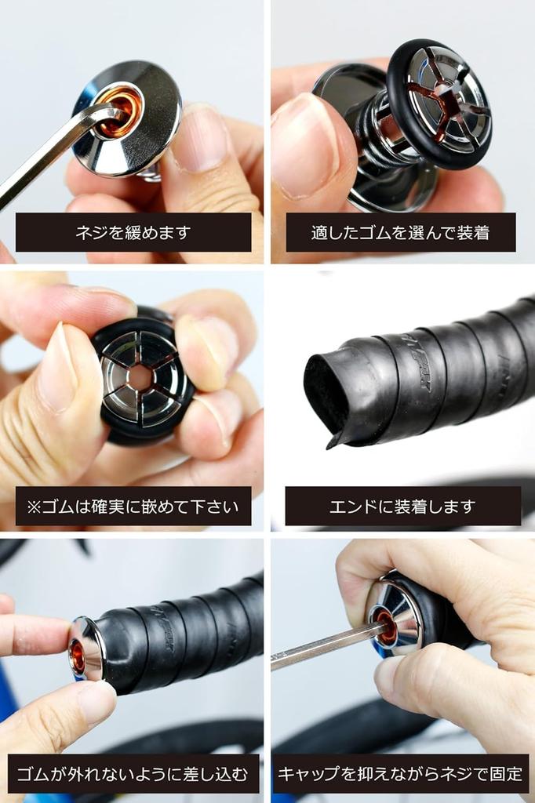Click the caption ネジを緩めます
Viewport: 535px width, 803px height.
pyautogui.click(x=133, y=232)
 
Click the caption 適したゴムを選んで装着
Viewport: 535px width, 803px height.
pyautogui.click(x=400, y=232)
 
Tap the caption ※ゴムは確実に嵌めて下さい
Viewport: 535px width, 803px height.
pyautogui.click(x=133, y=506)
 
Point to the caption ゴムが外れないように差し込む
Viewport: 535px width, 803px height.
pyautogui.click(x=133, y=773)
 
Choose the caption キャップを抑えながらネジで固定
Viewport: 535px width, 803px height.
pyautogui.click(x=400, y=773)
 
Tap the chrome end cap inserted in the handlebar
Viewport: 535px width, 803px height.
pyautogui.click(x=88, y=647)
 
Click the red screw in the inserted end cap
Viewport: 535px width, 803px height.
pyautogui.click(x=78, y=656)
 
